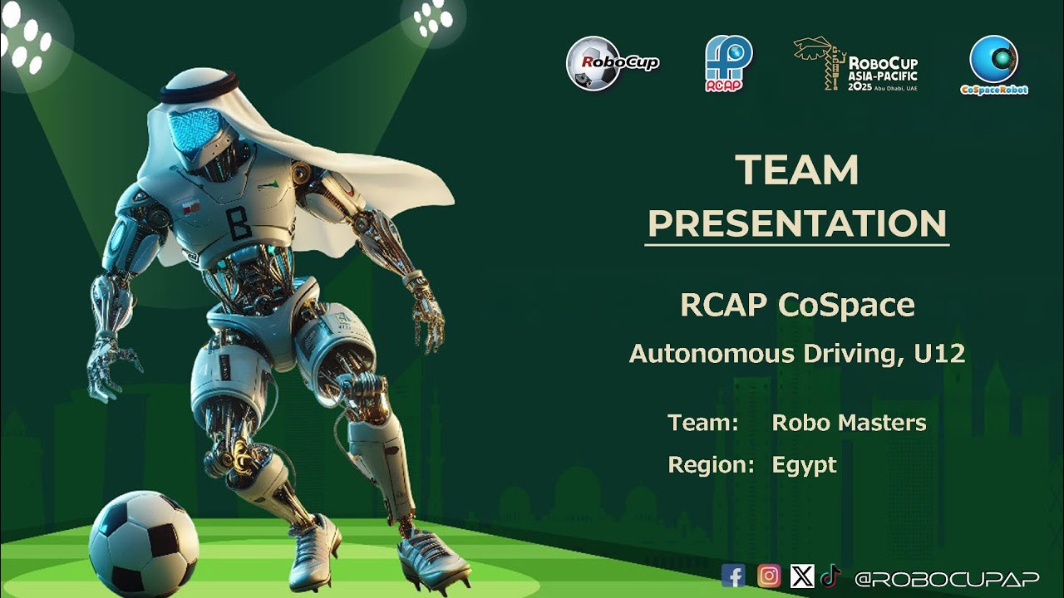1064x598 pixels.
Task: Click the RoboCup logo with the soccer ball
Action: (x=612, y=63)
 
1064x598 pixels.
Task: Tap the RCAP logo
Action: (x=728, y=63)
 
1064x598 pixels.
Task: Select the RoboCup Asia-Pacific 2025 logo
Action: (x=855, y=64)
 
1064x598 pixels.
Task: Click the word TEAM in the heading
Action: (x=796, y=170)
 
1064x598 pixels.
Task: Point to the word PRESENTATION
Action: (x=796, y=223)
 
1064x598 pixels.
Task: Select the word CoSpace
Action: (x=846, y=306)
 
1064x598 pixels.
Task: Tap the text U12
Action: (x=938, y=354)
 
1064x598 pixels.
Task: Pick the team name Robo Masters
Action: (x=849, y=423)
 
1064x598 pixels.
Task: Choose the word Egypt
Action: (x=804, y=465)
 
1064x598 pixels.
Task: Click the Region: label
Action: (x=711, y=465)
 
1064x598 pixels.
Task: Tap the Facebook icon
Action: (x=733, y=576)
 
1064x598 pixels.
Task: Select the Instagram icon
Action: (x=769, y=576)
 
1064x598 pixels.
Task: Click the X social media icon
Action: (x=802, y=576)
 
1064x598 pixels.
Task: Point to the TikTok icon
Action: (x=830, y=576)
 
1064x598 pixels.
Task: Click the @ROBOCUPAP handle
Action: (x=946, y=577)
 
